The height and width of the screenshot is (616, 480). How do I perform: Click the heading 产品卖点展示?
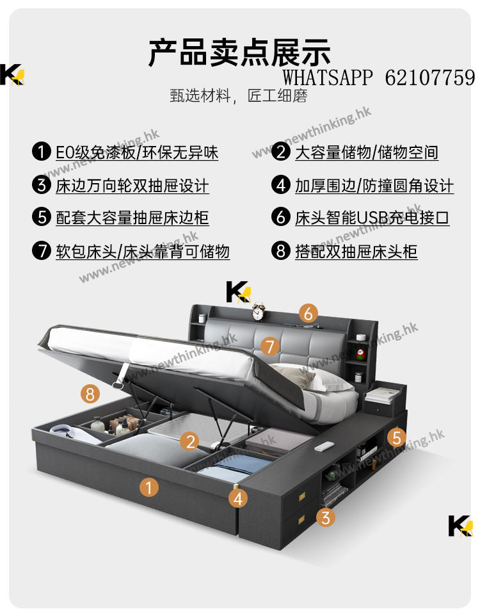pyautogui.click(x=239, y=53)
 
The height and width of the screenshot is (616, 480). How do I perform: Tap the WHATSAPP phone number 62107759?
pyautogui.click(x=430, y=77)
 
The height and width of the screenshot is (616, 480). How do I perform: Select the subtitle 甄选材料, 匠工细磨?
pyautogui.click(x=239, y=95)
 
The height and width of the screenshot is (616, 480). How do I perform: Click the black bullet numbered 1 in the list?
pyautogui.click(x=42, y=152)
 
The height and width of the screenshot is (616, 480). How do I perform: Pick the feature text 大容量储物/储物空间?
pyautogui.click(x=367, y=152)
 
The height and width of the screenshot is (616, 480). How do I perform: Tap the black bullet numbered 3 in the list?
pyautogui.click(x=42, y=184)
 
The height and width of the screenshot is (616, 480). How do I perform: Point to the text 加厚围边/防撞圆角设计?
pyautogui.click(x=374, y=186)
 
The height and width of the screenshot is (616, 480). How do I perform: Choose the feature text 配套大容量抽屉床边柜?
pyautogui.click(x=132, y=218)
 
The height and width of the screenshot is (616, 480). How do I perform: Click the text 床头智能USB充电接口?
pyautogui.click(x=372, y=218)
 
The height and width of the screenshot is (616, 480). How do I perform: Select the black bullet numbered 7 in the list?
pyautogui.click(x=42, y=250)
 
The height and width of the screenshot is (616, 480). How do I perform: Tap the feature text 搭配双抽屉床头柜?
pyautogui.click(x=356, y=252)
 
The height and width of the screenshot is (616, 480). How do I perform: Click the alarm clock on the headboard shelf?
pyautogui.click(x=258, y=312)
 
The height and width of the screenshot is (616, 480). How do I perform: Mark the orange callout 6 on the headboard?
pyautogui.click(x=308, y=314)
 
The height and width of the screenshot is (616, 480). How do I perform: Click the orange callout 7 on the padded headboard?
pyautogui.click(x=270, y=346)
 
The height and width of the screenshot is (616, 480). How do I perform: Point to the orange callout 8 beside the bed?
pyautogui.click(x=90, y=393)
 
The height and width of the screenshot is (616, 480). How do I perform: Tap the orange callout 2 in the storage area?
pyautogui.click(x=190, y=442)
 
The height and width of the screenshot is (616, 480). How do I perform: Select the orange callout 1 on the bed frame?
pyautogui.click(x=149, y=487)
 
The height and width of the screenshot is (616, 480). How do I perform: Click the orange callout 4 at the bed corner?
pyautogui.click(x=238, y=499)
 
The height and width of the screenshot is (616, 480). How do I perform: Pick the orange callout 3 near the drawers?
pyautogui.click(x=326, y=517)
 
